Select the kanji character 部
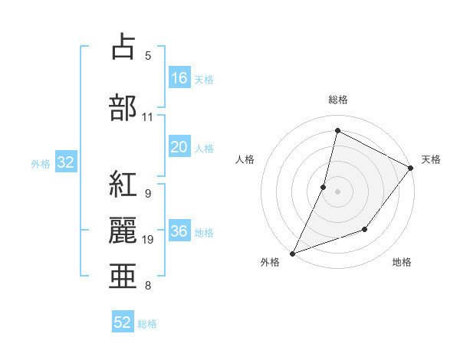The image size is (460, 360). [123, 107]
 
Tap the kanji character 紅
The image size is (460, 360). [123, 186]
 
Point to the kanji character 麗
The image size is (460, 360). [123, 231]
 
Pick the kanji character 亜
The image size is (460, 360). [123, 277]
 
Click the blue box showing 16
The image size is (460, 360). [179, 78]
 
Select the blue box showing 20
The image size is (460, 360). [179, 148]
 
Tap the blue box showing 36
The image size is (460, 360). [179, 232]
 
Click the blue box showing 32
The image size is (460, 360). [65, 162]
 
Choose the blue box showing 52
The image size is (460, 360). [123, 322]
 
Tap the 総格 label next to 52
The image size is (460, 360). [147, 324]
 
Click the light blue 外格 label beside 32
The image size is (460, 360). [41, 163]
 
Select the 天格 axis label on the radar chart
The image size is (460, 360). [431, 159]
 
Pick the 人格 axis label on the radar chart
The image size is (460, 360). [245, 159]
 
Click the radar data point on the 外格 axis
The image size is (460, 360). [292, 253]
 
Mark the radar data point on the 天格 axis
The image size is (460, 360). [411, 168]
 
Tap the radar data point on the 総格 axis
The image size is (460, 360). [337, 131]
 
